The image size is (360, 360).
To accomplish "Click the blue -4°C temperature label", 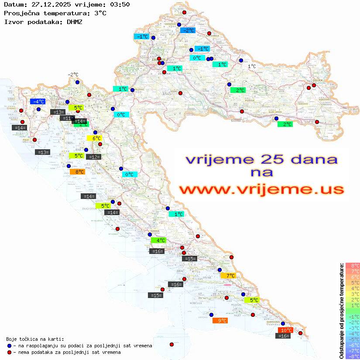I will (38, 101).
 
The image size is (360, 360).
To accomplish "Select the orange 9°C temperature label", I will (220, 320).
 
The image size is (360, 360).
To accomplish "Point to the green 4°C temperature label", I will (158, 240).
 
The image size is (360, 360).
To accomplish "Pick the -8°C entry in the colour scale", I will (353, 356).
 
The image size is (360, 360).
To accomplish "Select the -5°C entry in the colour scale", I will (353, 339).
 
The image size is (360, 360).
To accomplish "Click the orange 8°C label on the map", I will (77, 172).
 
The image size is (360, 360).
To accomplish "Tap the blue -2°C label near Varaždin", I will (188, 30).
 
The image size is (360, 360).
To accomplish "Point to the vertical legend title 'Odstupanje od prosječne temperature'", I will (341, 311).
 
